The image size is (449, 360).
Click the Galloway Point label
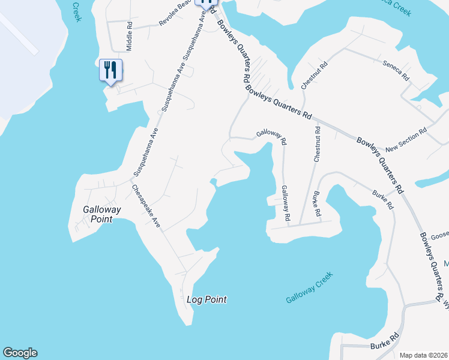(x=102, y=214)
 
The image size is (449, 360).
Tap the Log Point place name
(x=206, y=299)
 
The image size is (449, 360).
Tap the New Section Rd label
(x=406, y=139)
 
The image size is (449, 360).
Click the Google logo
(x=20, y=353)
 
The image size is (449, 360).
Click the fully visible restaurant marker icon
(x=110, y=70)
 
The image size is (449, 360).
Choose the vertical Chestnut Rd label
(x=317, y=144)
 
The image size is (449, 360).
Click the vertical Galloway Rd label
(x=286, y=202)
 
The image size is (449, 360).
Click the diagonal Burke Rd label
(x=382, y=200)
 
